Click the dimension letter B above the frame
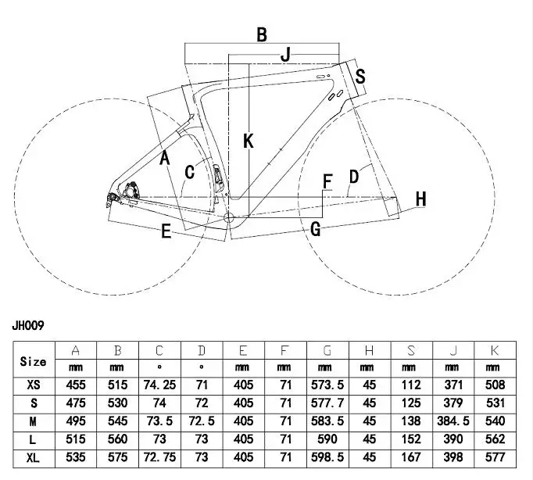tap(262, 34)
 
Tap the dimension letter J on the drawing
tap(286, 55)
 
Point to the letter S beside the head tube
tap(360, 76)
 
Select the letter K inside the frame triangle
tap(249, 141)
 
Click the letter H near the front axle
tap(420, 199)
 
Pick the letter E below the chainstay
tap(166, 231)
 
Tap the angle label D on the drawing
tap(354, 177)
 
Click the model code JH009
tap(28, 325)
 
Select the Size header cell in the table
tap(33, 361)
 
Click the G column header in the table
tap(327, 350)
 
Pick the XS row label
tap(34, 385)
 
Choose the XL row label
tap(33, 458)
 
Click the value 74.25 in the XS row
tap(159, 385)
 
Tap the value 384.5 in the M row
tap(453, 421)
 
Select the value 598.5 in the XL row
tap(327, 457)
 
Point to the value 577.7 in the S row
tap(327, 403)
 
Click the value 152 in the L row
tap(411, 439)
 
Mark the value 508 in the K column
tap(495, 385)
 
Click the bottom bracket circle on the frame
tap(229, 217)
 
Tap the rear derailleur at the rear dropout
tap(113, 199)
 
